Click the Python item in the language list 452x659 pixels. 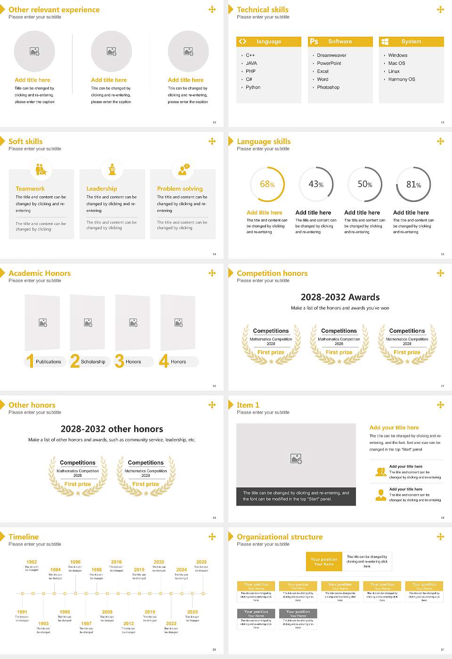pos(253,88)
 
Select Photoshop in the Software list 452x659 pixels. pos(328,88)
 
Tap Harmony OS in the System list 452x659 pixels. pos(401,80)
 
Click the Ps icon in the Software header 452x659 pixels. pos(314,41)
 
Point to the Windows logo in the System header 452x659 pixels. pos(385,41)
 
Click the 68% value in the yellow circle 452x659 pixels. pos(267,185)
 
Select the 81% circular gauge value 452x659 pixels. pos(413,185)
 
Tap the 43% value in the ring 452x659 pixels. pos(316,185)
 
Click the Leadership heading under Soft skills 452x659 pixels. pos(102,189)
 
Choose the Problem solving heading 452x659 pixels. pos(180,189)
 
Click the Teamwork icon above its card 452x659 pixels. pos(41,169)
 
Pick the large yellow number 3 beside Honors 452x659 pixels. pos(120,361)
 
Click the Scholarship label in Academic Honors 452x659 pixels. pos(93,362)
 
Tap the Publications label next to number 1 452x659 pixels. pos(48,362)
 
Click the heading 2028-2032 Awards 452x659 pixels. pos(340,297)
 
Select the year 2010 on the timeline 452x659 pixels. pos(116,562)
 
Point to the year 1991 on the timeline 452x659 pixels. pos(22,612)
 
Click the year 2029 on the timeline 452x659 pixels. pos(201,562)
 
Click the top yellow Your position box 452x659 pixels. pos(324,562)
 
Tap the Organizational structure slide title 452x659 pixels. pos(280,537)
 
